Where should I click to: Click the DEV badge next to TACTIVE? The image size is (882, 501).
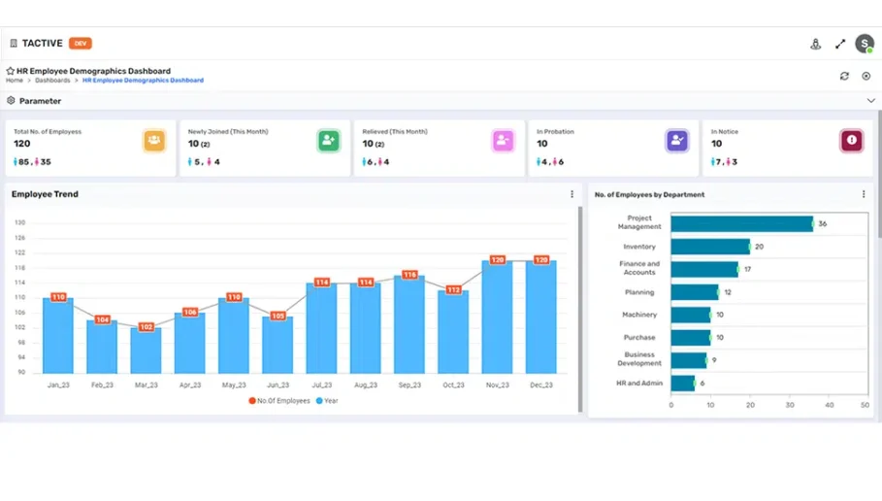click(81, 44)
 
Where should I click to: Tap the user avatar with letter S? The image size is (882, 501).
click(864, 44)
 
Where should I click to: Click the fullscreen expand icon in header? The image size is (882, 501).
click(840, 44)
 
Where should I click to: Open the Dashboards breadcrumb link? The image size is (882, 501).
click(52, 81)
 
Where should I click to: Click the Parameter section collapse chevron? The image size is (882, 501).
click(870, 101)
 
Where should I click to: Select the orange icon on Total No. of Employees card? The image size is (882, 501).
click(153, 141)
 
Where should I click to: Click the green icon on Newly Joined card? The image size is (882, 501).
click(328, 141)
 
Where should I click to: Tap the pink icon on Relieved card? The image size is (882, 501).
click(503, 141)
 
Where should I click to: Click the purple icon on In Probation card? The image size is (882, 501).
click(677, 141)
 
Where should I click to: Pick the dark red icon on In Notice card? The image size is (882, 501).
click(851, 141)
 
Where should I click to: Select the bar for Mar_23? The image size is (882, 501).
click(146, 351)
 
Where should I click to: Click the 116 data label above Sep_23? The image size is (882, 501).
click(409, 275)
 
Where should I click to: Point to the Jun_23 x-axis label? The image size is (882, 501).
click(278, 385)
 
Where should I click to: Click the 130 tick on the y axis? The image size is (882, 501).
click(19, 222)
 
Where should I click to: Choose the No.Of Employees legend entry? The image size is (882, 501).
click(279, 400)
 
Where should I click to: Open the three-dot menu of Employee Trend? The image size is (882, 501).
click(572, 194)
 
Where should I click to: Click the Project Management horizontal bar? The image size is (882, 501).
click(741, 223)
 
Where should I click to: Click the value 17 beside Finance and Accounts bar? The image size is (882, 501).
click(747, 269)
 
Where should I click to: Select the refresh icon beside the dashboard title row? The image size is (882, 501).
click(844, 76)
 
